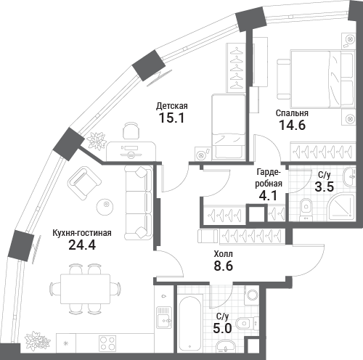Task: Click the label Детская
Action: [172, 106]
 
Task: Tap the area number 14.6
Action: [293, 125]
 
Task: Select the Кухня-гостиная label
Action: [82, 233]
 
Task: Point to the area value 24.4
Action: [82, 245]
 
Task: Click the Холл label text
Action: [224, 254]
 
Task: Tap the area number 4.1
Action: [268, 195]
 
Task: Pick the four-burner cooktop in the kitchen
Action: [107, 343]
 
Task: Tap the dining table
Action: [85, 289]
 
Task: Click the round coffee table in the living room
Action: [105, 207]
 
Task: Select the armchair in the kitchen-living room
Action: [85, 183]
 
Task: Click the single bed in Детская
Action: [229, 127]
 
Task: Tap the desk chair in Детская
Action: [131, 131]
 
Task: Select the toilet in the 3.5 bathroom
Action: [306, 209]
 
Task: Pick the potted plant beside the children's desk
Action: [97, 141]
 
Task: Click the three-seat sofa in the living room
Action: [139, 202]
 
